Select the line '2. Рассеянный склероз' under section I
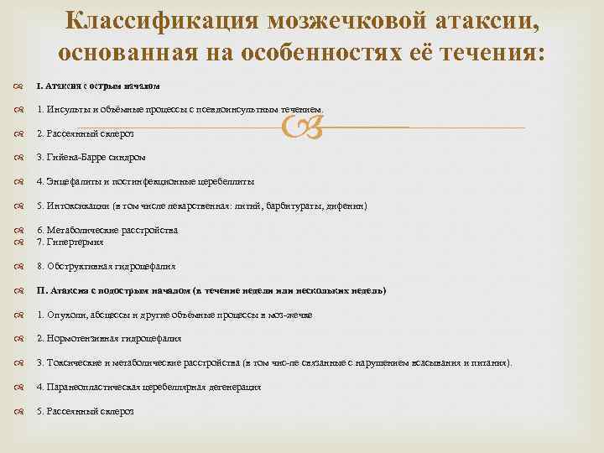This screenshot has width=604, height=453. coord(85,133)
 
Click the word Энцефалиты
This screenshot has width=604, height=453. coord(74,181)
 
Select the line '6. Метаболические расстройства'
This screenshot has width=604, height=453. coord(107,230)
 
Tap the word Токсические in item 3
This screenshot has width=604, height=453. coord(76,363)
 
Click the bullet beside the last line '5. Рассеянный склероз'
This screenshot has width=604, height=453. coord(18,412)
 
